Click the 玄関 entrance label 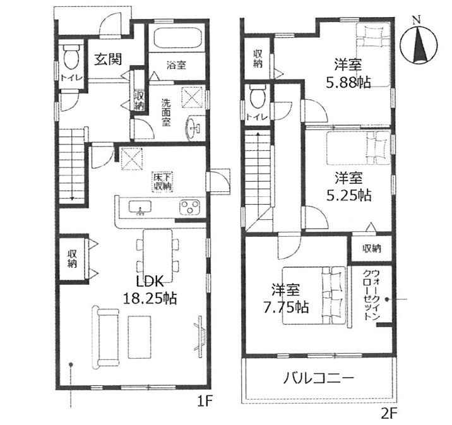[109, 59]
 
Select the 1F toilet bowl [71, 57]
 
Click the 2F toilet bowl [257, 96]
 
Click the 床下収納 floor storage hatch [163, 181]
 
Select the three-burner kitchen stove [189, 207]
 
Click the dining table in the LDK [157, 255]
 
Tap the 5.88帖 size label [348, 83]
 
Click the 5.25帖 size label [348, 196]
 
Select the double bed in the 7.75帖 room [314, 296]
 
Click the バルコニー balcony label [318, 378]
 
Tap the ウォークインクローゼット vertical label [372, 295]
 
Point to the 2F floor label [389, 414]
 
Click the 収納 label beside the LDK [72, 259]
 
